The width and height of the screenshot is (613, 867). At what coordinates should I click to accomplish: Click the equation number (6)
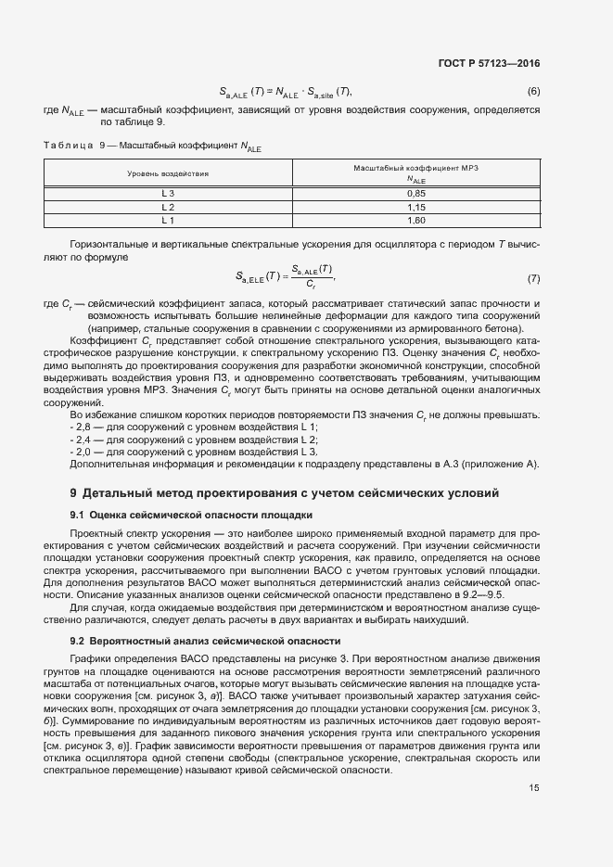click(533, 91)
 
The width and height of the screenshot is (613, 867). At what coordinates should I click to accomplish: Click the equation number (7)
click(533, 279)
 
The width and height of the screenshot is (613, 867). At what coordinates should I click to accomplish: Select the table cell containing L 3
click(168, 193)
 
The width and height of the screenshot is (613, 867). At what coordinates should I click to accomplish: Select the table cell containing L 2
click(168, 207)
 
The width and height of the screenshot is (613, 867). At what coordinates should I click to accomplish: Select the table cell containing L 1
click(168, 221)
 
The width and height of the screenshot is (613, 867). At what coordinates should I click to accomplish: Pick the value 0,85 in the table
click(415, 193)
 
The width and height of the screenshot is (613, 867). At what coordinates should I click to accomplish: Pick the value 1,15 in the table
click(415, 207)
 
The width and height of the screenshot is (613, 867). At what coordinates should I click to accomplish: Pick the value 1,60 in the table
click(415, 221)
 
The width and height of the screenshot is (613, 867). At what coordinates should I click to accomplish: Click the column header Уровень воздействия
click(168, 173)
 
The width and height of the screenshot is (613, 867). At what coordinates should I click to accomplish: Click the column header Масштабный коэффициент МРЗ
click(415, 167)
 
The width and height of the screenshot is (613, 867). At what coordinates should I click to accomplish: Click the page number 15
click(534, 788)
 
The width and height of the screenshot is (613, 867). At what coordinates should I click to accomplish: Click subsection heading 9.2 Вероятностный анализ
click(207, 641)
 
